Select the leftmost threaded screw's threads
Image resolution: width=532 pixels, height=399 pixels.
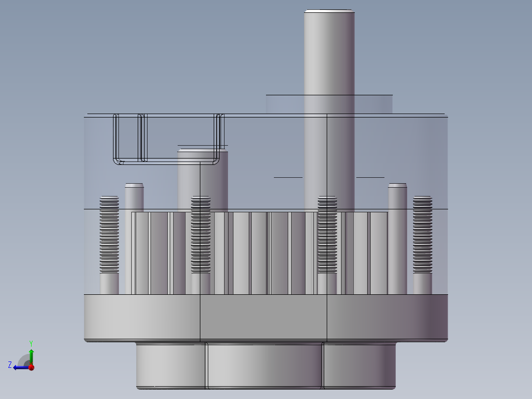pos(109,235)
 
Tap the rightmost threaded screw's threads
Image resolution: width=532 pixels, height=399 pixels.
pos(422,235)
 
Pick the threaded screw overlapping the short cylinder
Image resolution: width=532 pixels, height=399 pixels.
pos(201,235)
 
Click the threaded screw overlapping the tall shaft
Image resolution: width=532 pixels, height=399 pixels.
pos(327,235)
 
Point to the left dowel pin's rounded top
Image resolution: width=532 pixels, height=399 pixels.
pos(134,186)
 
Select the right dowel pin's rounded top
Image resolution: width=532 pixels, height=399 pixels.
pos(397,186)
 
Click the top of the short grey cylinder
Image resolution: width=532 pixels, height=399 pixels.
pos(202,151)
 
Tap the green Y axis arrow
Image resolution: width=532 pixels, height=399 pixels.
pos(31,352)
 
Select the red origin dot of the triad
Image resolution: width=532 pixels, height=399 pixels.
pos(31,367)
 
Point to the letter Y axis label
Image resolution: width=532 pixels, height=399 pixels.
pos(31,343)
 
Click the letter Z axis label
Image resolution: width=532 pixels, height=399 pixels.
pos(10,365)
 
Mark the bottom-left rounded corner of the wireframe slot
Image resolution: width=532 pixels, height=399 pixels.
pos(117,161)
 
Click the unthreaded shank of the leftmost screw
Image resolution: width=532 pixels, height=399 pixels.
pos(109,284)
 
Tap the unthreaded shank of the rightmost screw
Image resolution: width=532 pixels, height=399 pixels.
pos(422,284)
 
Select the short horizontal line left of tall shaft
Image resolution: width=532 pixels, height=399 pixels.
pos(288,177)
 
